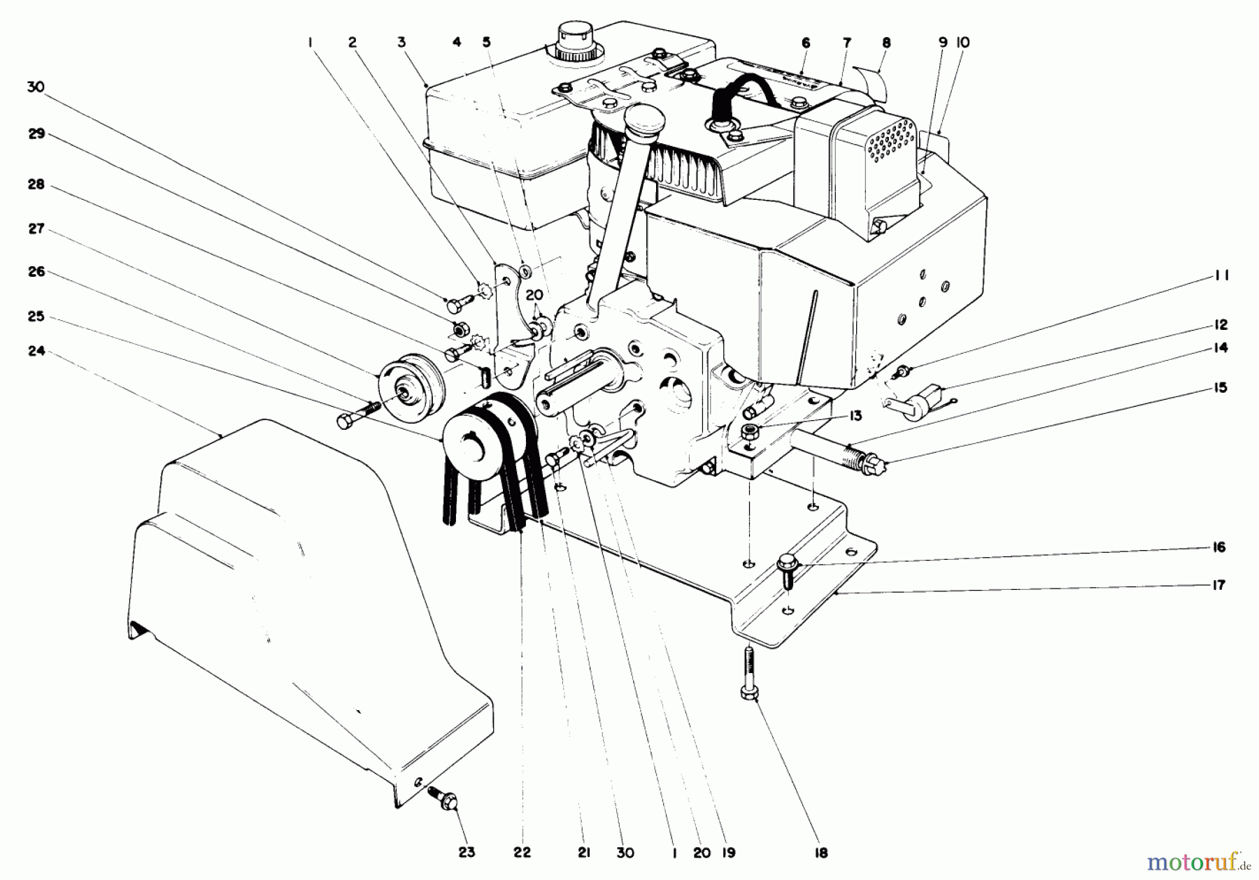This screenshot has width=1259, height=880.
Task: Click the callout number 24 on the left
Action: [x=36, y=352]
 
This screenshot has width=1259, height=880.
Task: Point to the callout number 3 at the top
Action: [x=401, y=43]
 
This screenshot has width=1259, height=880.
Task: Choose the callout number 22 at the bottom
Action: [x=522, y=853]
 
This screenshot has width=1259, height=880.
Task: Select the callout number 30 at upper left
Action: [x=36, y=86]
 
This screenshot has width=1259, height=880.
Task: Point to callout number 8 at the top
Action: [x=886, y=43]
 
